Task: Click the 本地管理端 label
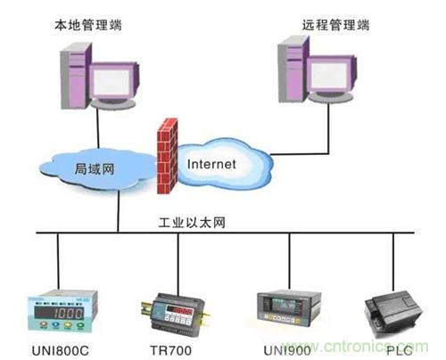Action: [88, 25]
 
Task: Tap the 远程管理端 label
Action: [335, 25]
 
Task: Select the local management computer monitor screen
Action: [113, 80]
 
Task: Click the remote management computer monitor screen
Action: [330, 75]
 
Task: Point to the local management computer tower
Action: [76, 76]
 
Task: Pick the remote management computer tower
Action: [293, 69]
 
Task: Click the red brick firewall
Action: [167, 156]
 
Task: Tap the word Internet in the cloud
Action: [211, 164]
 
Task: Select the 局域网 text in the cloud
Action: [95, 168]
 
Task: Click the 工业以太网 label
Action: [192, 223]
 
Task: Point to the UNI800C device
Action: [62, 310]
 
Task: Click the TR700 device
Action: [176, 315]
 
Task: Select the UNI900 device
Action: [289, 308]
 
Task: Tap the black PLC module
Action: [393, 314]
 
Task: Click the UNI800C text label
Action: [60, 351]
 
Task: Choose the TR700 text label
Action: [170, 350]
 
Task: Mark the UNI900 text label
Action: [287, 350]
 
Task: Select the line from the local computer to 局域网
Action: [97, 128]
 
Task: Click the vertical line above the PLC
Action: [393, 262]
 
